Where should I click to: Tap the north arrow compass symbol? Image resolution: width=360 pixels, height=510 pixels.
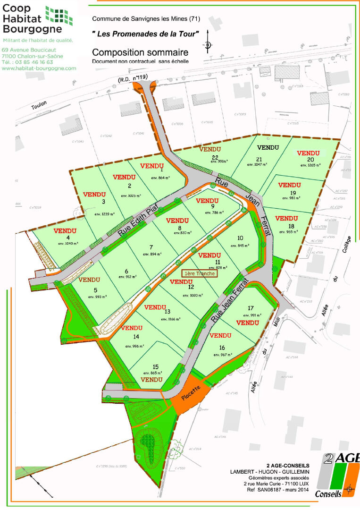[207, 45]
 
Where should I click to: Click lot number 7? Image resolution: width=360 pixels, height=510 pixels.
[151, 247]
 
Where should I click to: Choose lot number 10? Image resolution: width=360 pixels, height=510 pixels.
[240, 238]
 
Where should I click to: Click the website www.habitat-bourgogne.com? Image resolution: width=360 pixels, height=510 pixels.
[39, 68]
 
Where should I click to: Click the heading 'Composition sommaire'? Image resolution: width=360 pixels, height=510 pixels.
[140, 52]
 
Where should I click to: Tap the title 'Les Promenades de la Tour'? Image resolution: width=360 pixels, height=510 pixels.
[145, 33]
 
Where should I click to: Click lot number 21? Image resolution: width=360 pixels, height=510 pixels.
[259, 159]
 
